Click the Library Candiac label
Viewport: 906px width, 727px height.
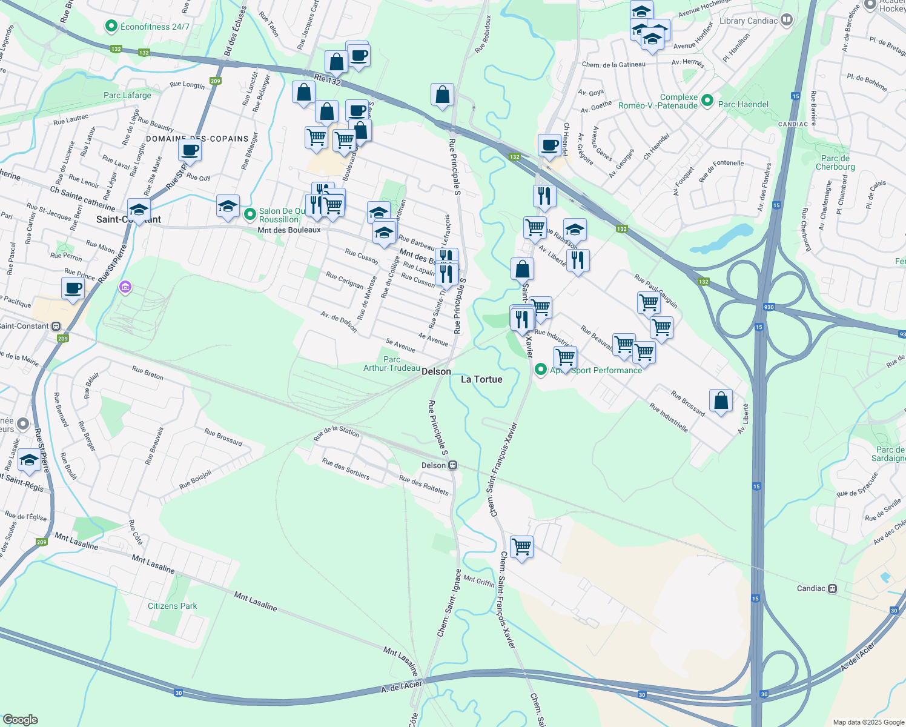point(749,21)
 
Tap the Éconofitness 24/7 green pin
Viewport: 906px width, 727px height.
point(111,26)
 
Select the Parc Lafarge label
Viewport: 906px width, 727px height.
point(127,95)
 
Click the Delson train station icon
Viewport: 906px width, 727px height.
point(452,465)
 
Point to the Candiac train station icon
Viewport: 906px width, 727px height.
point(832,588)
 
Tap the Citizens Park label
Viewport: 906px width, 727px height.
point(172,606)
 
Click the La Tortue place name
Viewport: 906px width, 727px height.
point(481,379)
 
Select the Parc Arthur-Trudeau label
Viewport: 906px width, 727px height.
point(392,363)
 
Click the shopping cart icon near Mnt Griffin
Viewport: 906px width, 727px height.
point(521,546)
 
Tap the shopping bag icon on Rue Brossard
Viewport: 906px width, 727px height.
point(721,400)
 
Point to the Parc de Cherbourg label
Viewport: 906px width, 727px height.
point(835,162)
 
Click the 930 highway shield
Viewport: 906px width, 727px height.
point(769,307)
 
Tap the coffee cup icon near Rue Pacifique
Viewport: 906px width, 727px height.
point(73,288)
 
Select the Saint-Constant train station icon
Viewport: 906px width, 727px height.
point(56,326)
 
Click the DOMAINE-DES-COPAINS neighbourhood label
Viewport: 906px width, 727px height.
point(197,139)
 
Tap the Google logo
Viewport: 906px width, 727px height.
point(20,720)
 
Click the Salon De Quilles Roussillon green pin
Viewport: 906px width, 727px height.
point(250,214)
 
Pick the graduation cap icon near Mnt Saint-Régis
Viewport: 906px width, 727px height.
point(29,460)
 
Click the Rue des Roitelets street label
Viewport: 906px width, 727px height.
point(424,485)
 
